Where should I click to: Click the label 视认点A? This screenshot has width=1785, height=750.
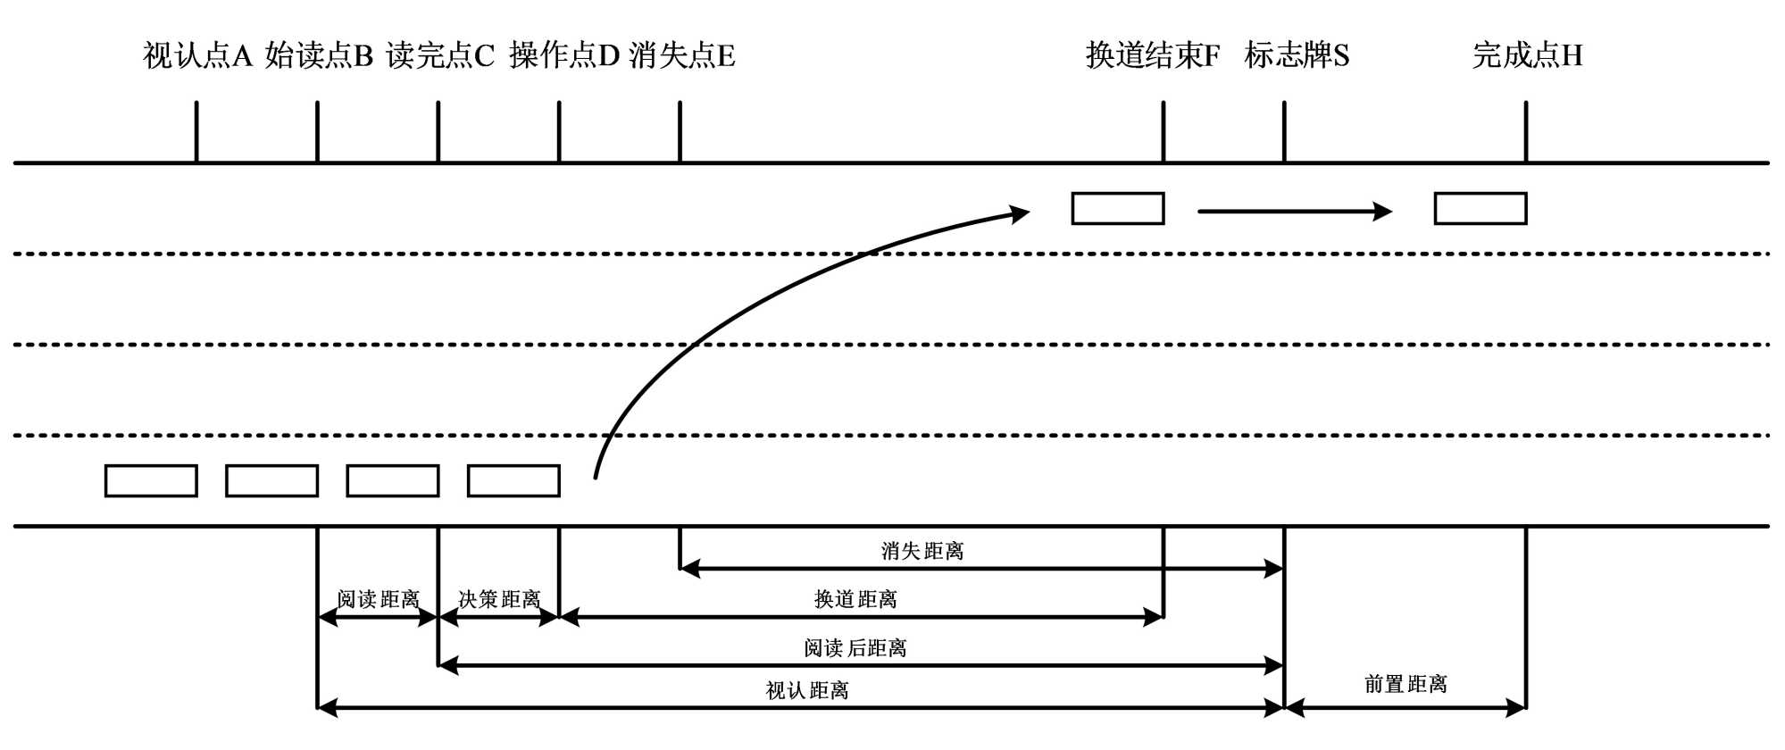(x=197, y=56)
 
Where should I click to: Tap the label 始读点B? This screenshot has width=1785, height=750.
(x=319, y=56)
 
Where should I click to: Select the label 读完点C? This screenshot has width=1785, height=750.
(x=439, y=56)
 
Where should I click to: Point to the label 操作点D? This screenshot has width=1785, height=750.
(x=563, y=56)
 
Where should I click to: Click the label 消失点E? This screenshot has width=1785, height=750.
(x=682, y=56)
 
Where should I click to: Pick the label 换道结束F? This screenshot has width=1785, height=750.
(x=1152, y=56)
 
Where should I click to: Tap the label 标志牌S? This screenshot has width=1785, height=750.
(x=1297, y=56)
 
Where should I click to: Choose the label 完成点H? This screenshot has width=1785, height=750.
(x=1527, y=56)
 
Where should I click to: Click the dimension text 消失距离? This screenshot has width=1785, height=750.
(x=922, y=551)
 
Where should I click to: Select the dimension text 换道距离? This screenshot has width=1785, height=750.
(x=855, y=599)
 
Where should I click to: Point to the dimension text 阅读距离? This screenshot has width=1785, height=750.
(x=378, y=599)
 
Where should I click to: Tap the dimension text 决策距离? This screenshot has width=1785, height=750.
(x=499, y=599)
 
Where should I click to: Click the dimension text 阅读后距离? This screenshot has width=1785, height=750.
(x=855, y=647)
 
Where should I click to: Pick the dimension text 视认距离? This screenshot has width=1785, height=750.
(x=807, y=690)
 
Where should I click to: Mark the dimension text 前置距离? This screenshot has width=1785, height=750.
(x=1405, y=684)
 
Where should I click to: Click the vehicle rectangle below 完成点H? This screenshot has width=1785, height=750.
(x=1480, y=209)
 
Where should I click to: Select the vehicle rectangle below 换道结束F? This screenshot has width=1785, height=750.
(x=1117, y=209)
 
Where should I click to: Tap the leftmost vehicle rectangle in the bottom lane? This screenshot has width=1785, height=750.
(x=151, y=481)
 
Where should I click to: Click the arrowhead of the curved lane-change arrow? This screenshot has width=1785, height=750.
(x=1020, y=213)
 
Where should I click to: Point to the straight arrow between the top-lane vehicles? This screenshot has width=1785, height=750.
(x=1294, y=212)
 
